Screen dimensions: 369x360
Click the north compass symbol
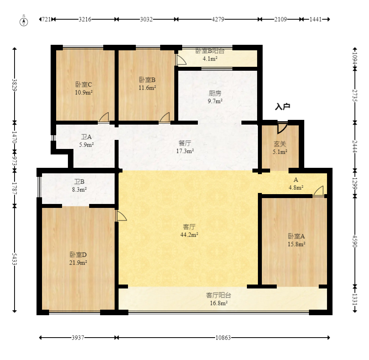(24, 20)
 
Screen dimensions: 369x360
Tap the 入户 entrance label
(282, 107)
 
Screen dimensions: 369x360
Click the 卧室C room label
(84, 84)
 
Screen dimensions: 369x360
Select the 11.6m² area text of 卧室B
(147, 88)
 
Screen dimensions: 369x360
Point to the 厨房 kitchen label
(215, 93)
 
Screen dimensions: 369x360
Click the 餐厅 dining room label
(185, 143)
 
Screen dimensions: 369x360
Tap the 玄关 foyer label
(280, 144)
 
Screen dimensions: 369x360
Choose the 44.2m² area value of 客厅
(189, 235)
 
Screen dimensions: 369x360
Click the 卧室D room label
(78, 255)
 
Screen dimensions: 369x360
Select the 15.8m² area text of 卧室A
(296, 244)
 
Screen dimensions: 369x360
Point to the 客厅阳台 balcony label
(219, 295)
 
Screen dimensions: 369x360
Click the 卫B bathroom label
(79, 182)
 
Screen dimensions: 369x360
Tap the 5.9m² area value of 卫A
(86, 145)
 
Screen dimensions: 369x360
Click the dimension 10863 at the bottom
(223, 338)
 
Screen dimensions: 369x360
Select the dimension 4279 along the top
(218, 19)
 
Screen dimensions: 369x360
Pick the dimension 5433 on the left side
(15, 259)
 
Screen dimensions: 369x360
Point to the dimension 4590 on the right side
(354, 241)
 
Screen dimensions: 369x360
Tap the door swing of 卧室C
(104, 117)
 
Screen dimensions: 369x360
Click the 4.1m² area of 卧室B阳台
(210, 59)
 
